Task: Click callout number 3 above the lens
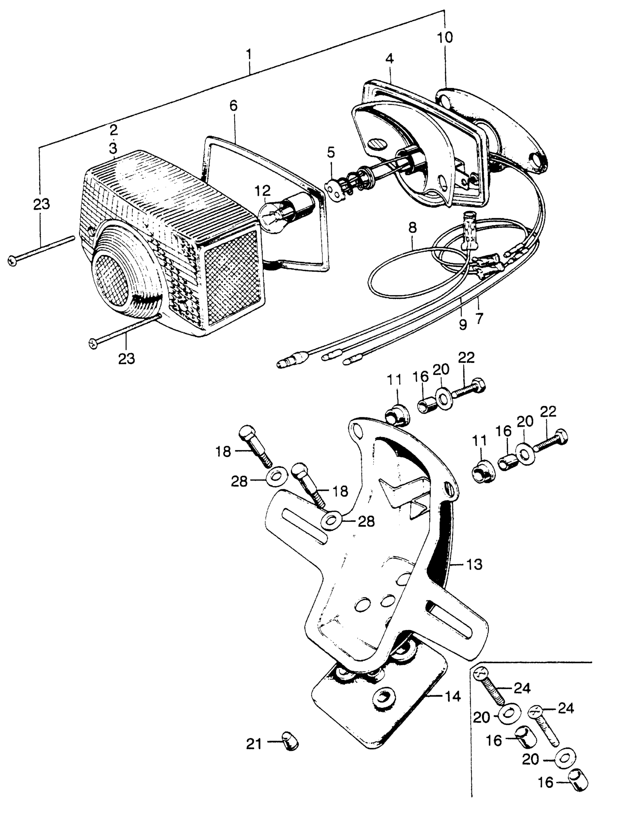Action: click(x=113, y=148)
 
